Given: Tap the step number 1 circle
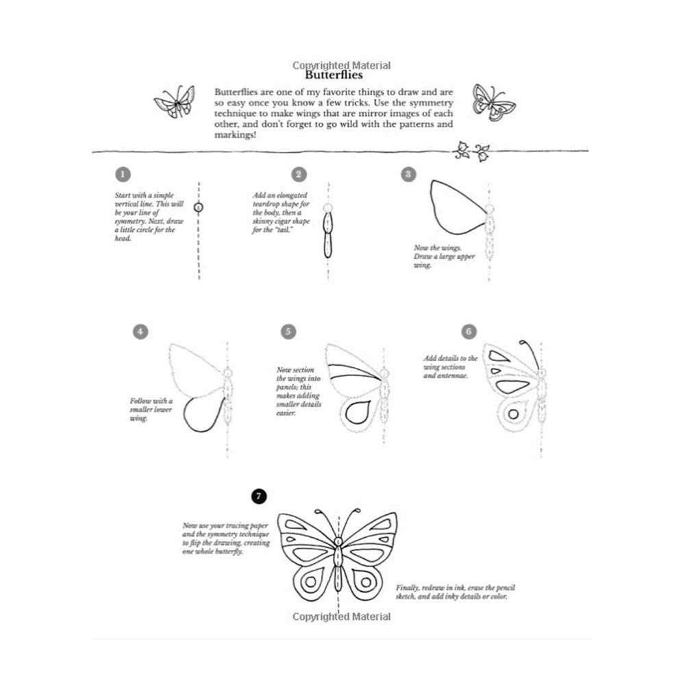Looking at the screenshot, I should (x=122, y=175).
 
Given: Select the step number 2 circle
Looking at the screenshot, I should (x=298, y=175).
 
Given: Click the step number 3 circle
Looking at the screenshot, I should (x=408, y=175).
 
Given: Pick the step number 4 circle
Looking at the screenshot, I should (x=140, y=332).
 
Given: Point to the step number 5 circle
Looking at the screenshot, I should (x=288, y=332).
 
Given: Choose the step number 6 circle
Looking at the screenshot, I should (x=469, y=332).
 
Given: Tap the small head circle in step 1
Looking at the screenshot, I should (x=199, y=207).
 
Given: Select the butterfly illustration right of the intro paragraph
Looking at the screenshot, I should (x=493, y=103).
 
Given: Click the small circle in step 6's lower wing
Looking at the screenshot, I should (x=510, y=414).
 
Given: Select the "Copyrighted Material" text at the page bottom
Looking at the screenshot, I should (x=341, y=616).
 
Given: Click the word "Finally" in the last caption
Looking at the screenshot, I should (x=409, y=588).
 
